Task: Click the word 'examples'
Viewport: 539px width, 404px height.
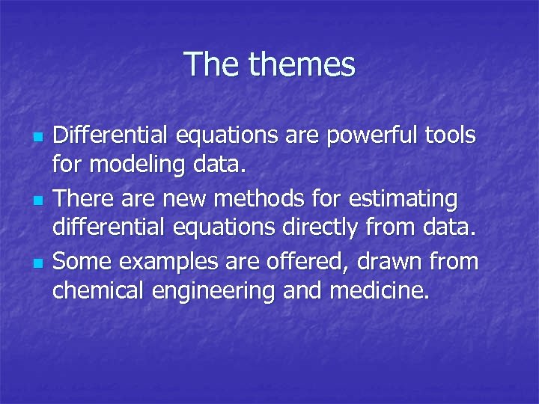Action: tap(157, 261)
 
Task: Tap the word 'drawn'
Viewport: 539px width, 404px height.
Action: tap(386, 261)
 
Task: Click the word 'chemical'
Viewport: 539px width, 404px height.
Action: tap(100, 292)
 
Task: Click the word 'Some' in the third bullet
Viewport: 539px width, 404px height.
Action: tap(81, 261)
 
